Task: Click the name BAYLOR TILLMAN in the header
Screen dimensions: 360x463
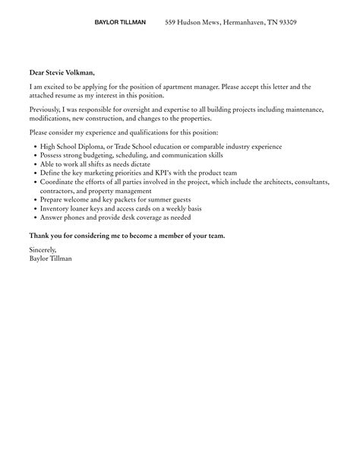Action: [x=120, y=23]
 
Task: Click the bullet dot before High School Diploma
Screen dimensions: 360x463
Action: [x=33, y=146]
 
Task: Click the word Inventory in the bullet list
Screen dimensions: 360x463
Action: [x=55, y=209]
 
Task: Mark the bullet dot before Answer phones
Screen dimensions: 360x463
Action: [x=33, y=217]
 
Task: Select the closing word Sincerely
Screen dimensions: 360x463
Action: [x=43, y=250]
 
